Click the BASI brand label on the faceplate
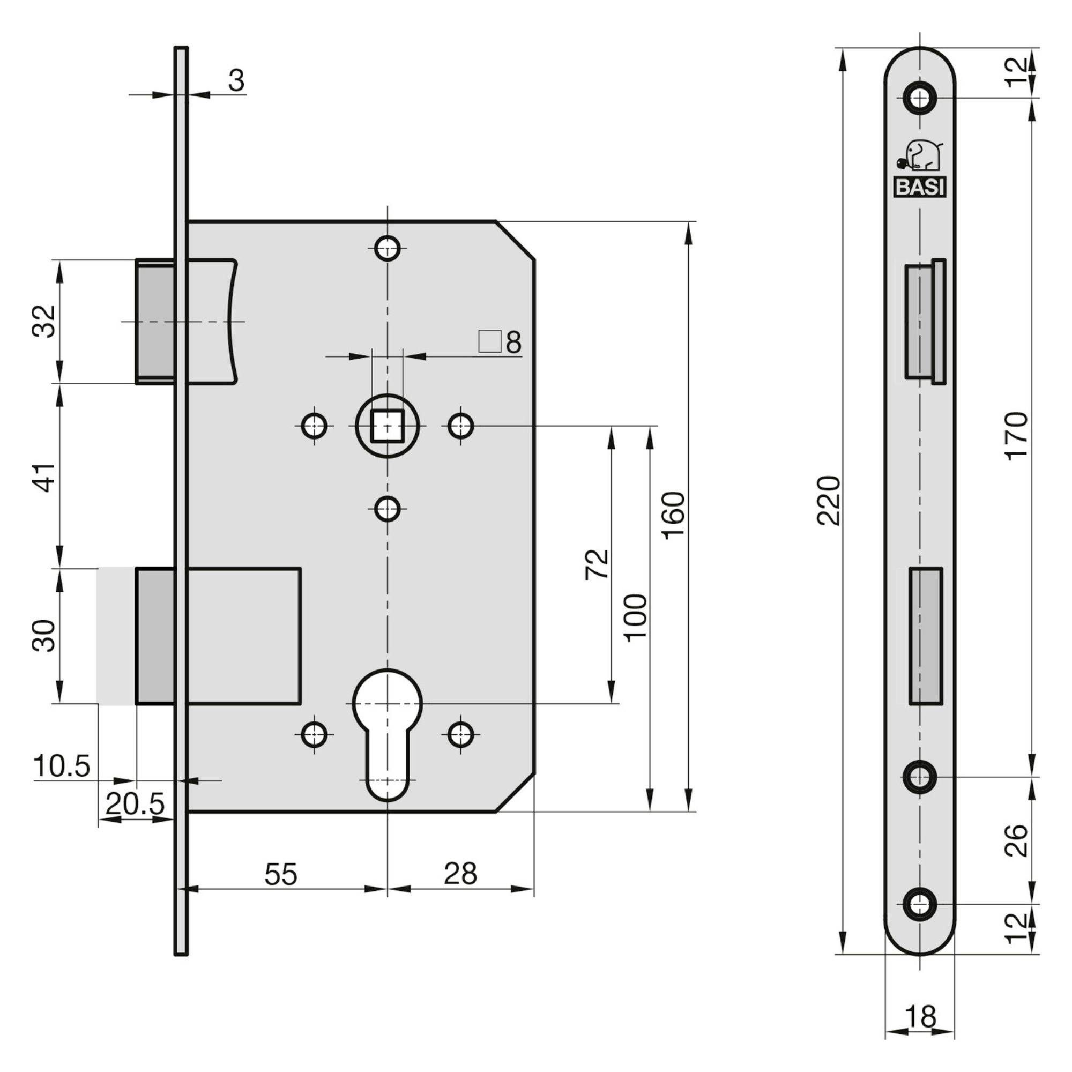(919, 188)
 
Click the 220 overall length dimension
(830, 500)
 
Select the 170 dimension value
(1016, 436)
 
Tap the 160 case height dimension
(674, 515)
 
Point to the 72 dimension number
(597, 564)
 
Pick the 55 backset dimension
(281, 874)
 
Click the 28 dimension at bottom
(460, 874)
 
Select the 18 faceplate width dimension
(920, 1017)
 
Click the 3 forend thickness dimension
(236, 81)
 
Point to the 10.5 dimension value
(62, 766)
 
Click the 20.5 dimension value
(136, 803)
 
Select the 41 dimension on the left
(47, 476)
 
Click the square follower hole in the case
(387, 426)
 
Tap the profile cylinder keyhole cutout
(388, 721)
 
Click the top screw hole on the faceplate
(919, 99)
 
